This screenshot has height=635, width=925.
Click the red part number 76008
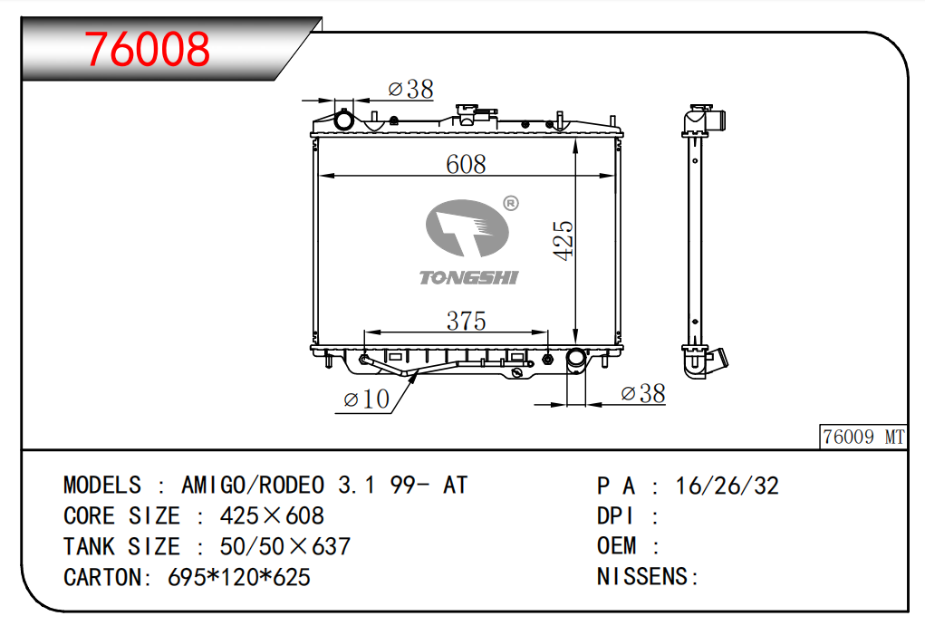[x=148, y=50]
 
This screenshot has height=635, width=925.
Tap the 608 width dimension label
[x=466, y=164]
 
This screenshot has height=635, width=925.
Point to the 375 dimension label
[x=466, y=321]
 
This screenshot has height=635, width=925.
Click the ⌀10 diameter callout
[x=366, y=399]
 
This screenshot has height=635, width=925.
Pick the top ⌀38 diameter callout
[x=410, y=89]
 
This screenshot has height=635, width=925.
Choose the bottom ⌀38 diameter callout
[x=643, y=393]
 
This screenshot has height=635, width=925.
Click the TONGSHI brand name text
[x=468, y=277]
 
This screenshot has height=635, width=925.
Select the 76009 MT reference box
[x=862, y=437]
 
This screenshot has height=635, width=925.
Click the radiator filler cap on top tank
[x=467, y=113]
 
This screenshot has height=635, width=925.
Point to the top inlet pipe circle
[x=345, y=120]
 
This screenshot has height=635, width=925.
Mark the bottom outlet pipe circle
[x=576, y=360]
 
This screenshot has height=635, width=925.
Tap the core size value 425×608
[x=272, y=516]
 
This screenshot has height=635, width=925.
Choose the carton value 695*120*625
[x=239, y=576]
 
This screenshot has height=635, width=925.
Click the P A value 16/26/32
[x=727, y=486]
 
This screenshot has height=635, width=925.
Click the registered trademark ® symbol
[x=510, y=203]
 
